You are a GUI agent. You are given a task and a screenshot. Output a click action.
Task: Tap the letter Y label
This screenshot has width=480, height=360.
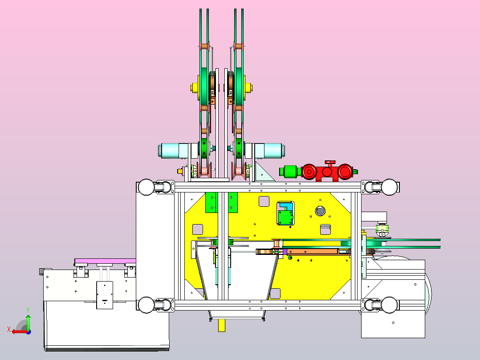coord(28,310)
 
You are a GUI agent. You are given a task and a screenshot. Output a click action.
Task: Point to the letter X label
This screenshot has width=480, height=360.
coord(9,329)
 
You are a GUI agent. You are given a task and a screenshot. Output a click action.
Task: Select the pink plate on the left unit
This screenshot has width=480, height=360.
coord(105,261)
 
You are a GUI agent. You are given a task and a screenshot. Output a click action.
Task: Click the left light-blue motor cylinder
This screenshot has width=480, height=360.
coord(173,151)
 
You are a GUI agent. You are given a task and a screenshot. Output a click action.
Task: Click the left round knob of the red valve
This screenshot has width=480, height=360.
coord(309,172)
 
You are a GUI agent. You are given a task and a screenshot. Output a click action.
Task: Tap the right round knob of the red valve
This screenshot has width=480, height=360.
coord(345,172)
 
